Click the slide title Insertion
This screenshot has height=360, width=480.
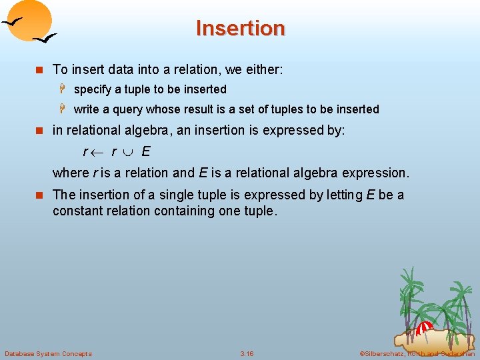[x=240, y=28]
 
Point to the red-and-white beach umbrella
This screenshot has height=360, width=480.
[x=424, y=328]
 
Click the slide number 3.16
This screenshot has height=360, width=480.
[x=247, y=353]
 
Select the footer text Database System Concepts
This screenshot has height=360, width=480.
[x=48, y=353]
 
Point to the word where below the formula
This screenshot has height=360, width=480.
[x=70, y=173]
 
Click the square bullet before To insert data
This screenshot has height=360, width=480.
[x=39, y=69]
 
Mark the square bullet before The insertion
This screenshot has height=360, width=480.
[x=39, y=195]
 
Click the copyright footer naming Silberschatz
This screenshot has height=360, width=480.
[x=417, y=353]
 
